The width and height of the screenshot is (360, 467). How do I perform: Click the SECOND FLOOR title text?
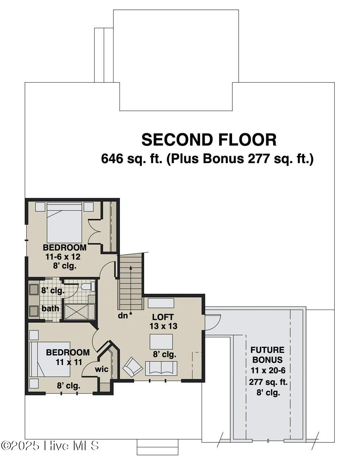[209, 140]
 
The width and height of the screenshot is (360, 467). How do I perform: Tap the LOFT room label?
[163, 317]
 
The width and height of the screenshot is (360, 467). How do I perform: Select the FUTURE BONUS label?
[267, 355]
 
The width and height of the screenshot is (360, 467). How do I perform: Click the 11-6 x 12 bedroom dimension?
[63, 257]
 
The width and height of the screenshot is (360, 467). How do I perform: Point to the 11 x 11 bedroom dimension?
[69, 362]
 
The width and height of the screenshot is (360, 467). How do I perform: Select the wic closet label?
[102, 369]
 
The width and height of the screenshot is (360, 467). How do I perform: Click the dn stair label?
[123, 316]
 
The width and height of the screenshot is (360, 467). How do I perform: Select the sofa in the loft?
[161, 368]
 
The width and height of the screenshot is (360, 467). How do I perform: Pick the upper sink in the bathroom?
[34, 290]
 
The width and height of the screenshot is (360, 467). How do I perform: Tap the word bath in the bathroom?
[50, 309]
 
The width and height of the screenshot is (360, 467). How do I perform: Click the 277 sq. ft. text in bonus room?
[268, 382]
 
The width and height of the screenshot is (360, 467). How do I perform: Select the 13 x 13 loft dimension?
[163, 326]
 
